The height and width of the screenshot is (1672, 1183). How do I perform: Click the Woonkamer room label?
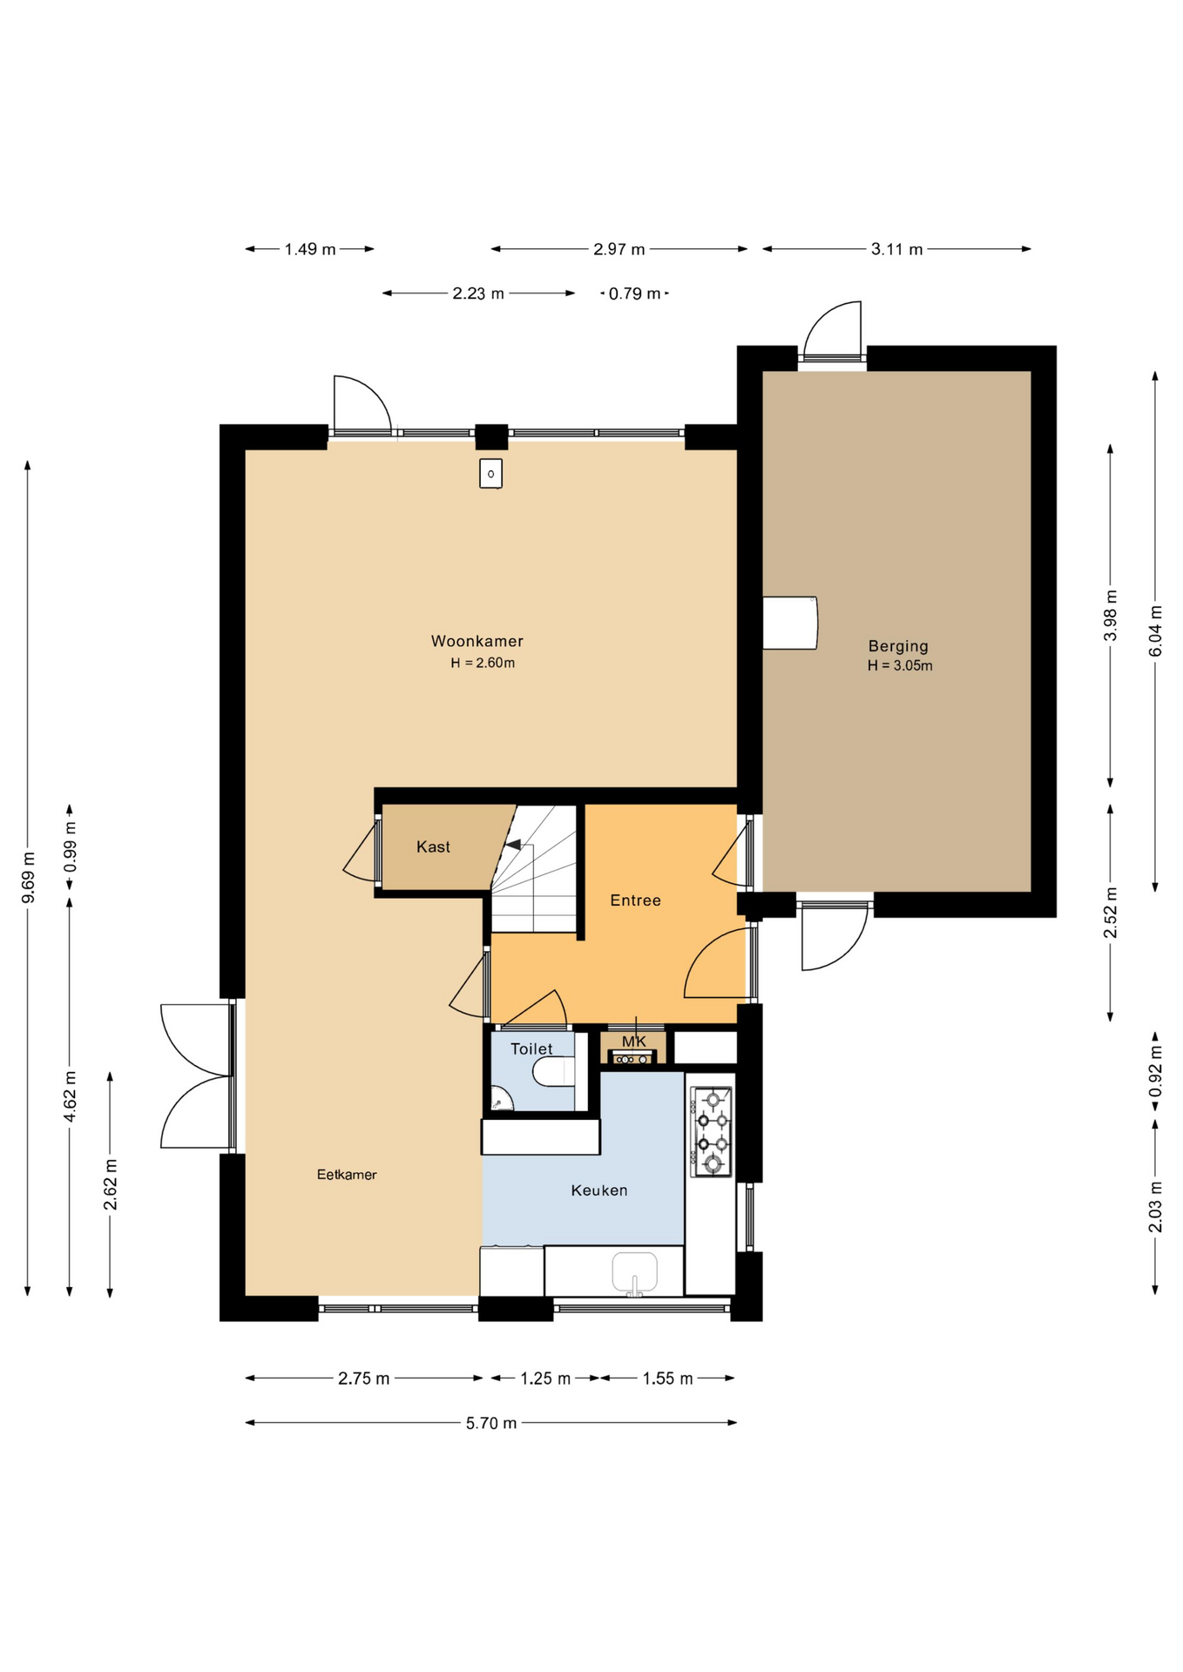tap(477, 641)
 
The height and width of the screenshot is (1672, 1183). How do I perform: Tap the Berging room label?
tap(898, 646)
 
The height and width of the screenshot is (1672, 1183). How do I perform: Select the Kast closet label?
tap(433, 846)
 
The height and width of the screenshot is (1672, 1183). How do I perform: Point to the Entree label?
tap(635, 900)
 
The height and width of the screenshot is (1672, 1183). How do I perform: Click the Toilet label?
tap(531, 1049)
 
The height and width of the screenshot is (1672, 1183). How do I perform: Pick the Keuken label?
tap(599, 1190)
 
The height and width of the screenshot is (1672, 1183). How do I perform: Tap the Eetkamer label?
tap(347, 1175)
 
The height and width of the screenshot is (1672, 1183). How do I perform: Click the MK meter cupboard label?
tap(634, 1042)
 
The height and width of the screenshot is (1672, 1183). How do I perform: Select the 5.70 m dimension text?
tap(491, 1423)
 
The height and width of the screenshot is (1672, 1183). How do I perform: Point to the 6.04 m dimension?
tap(1155, 630)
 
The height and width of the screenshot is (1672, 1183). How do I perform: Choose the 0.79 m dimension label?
tap(634, 293)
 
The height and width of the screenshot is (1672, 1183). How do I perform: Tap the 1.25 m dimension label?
tap(545, 1379)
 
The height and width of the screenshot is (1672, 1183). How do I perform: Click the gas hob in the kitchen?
tap(711, 1131)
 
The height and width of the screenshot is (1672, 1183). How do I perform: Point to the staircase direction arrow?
tap(513, 844)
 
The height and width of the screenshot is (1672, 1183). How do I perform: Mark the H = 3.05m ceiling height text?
tap(900, 666)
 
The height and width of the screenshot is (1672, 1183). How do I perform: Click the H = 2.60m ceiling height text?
tap(483, 663)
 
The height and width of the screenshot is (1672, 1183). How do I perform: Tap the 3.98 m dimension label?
tap(1110, 616)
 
